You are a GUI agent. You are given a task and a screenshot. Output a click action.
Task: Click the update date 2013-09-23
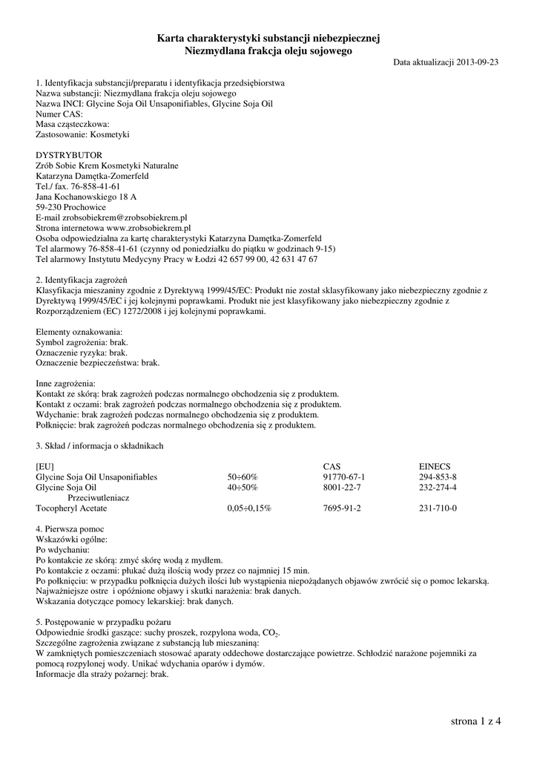click(x=478, y=62)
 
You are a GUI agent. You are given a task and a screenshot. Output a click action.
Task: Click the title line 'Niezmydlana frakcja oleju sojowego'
click(x=268, y=50)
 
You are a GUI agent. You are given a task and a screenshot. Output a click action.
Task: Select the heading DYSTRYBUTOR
click(x=64, y=155)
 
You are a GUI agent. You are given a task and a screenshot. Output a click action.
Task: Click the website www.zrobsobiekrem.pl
click(x=148, y=228)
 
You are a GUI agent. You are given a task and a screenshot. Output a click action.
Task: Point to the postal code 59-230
click(x=47, y=207)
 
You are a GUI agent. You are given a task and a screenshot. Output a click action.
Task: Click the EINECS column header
click(x=435, y=466)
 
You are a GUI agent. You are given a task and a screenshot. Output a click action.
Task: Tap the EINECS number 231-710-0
click(x=438, y=508)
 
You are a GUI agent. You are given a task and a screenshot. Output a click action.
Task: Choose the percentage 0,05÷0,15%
click(x=249, y=508)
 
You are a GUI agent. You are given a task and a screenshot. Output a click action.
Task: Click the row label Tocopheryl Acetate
click(x=71, y=508)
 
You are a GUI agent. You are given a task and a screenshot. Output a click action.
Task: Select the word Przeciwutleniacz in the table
click(x=99, y=498)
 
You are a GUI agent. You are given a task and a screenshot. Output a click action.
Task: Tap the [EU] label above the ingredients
click(x=45, y=466)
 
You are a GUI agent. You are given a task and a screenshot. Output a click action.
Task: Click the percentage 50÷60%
click(x=242, y=476)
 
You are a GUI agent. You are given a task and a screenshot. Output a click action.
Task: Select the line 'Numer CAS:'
click(x=59, y=114)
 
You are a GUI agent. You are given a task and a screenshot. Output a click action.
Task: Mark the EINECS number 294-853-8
click(x=438, y=476)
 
